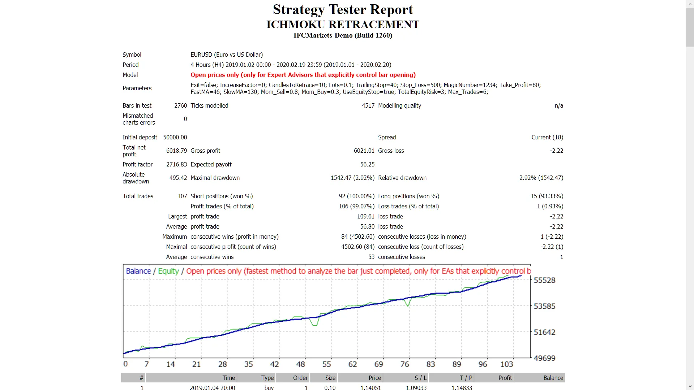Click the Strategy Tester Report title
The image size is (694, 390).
tap(343, 10)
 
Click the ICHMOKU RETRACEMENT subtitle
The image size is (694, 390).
tap(343, 25)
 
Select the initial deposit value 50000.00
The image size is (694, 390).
tap(175, 137)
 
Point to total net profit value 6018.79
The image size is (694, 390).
tap(176, 151)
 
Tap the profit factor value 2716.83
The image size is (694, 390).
tap(176, 164)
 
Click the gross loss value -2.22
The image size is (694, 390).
tap(556, 151)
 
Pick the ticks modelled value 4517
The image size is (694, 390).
tap(368, 105)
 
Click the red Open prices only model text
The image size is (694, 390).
tap(303, 75)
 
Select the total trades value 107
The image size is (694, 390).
tap(182, 196)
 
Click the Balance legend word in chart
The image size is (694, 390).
tap(138, 271)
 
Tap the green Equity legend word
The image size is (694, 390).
tap(168, 271)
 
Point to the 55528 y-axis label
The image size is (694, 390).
tap(544, 280)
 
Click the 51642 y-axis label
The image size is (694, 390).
tap(544, 332)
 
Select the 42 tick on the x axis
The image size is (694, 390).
tap(275, 364)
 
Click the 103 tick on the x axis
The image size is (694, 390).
tap(506, 364)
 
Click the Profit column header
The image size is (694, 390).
tap(505, 378)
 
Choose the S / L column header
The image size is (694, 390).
tap(420, 378)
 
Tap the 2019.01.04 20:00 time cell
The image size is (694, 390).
tap(212, 387)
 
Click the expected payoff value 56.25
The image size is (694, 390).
tap(367, 164)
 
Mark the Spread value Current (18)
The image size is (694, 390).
tap(547, 137)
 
